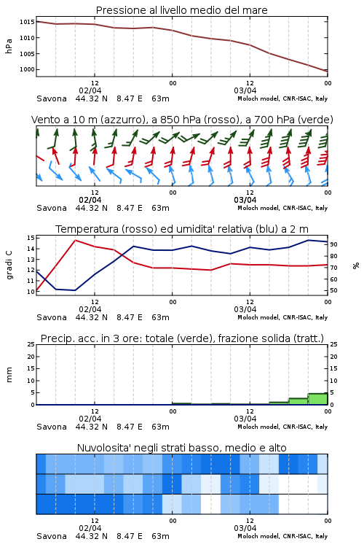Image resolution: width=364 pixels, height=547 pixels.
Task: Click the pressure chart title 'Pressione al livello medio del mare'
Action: point(181,10)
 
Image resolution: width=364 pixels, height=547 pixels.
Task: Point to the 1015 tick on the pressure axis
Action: point(27,22)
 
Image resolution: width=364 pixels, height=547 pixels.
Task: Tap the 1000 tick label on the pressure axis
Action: point(27,69)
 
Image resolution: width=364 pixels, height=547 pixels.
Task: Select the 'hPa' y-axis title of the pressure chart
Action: point(9,46)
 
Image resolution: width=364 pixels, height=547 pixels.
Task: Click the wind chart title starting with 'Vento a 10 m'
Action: point(182,120)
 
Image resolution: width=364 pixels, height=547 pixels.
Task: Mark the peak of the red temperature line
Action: point(75,241)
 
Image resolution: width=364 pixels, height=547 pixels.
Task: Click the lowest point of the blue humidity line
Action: point(75,290)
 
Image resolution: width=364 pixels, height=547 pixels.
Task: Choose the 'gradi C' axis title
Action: point(9,265)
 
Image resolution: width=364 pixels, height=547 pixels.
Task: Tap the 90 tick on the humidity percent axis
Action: point(333,244)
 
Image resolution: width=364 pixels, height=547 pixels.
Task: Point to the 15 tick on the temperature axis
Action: point(31,238)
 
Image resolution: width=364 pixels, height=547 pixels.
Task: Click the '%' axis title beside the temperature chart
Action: point(356,265)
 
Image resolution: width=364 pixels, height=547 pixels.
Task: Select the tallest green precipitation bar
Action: point(317,399)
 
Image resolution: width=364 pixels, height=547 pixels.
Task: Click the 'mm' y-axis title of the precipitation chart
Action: point(9,374)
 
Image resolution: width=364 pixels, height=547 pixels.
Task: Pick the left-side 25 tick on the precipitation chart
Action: point(31,344)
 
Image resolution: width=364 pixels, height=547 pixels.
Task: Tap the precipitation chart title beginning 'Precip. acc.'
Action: point(182,338)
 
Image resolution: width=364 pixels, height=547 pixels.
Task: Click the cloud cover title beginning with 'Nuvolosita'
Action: point(181,448)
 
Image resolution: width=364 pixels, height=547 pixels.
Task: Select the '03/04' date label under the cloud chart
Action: point(245,528)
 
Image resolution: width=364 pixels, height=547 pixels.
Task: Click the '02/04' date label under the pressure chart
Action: point(90,90)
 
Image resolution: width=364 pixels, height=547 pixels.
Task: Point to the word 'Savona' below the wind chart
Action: point(52,208)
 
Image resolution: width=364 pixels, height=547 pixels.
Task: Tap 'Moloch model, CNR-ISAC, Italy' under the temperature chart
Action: point(282,317)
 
